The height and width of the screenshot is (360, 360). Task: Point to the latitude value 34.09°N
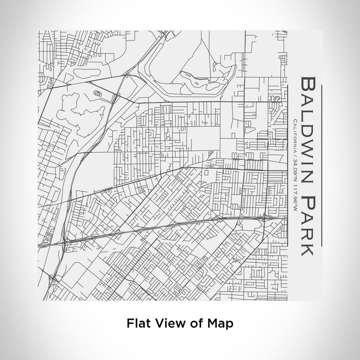[x=294, y=169]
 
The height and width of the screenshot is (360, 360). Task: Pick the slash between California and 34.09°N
[x=294, y=155]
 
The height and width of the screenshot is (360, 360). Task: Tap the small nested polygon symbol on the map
[x=98, y=93]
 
